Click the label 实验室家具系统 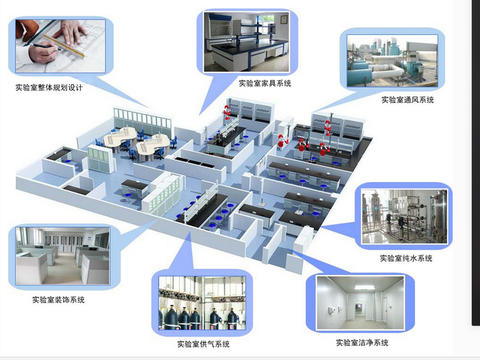[265, 83]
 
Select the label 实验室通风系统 [408, 100]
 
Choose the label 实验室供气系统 [203, 344]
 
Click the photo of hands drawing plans [61, 45]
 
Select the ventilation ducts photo [392, 62]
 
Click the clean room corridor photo [360, 303]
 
